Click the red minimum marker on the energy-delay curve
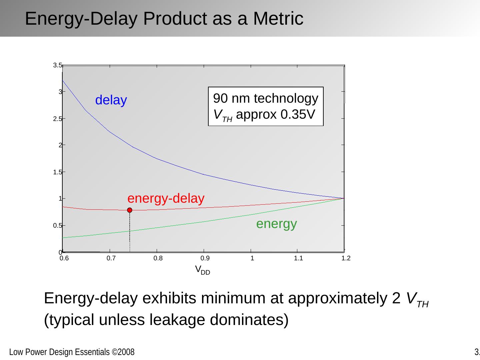point(130,210)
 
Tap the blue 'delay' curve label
point(111,100)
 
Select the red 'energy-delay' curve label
point(166,198)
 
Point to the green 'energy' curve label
point(276,224)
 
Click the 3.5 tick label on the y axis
point(57,65)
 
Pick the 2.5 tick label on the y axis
point(57,119)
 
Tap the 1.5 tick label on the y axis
point(57,172)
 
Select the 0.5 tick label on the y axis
point(57,226)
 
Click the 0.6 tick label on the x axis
point(64,258)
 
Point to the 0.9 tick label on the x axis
point(205,258)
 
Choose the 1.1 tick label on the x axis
point(299,258)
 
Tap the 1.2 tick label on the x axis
point(346,258)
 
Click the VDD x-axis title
point(202,270)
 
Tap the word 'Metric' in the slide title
point(278,19)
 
